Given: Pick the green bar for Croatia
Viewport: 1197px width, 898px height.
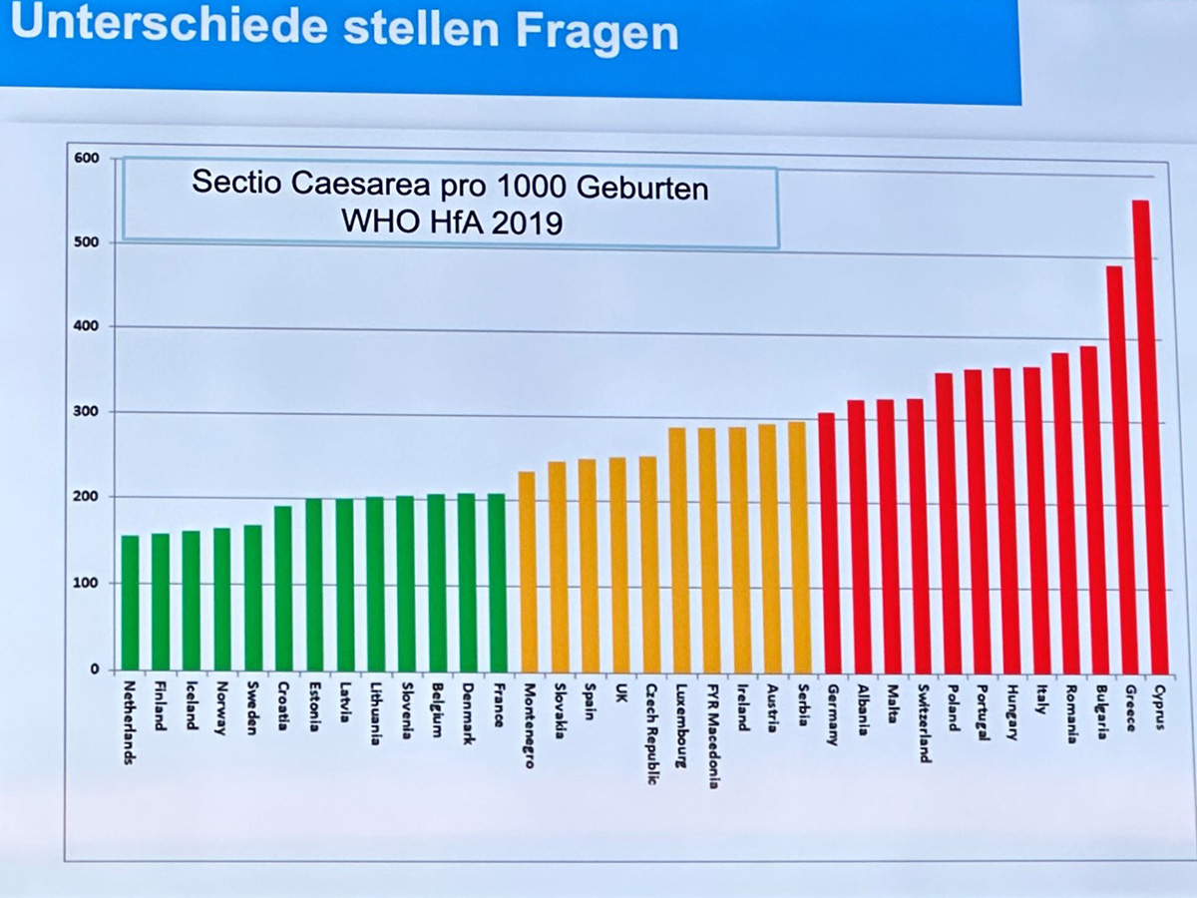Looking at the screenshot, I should [283, 588].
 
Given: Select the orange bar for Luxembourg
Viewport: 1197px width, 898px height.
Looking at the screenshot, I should [677, 550].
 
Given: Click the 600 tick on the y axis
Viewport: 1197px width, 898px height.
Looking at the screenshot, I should [87, 159].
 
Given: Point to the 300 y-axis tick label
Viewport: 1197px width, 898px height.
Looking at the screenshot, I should [87, 411].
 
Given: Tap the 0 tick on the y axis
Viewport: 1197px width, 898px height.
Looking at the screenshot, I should [95, 670].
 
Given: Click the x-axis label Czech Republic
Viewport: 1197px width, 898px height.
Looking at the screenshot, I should [650, 733].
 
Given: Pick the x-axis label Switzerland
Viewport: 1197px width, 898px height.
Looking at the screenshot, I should [924, 722].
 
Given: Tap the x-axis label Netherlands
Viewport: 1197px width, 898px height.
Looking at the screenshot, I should [131, 720].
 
